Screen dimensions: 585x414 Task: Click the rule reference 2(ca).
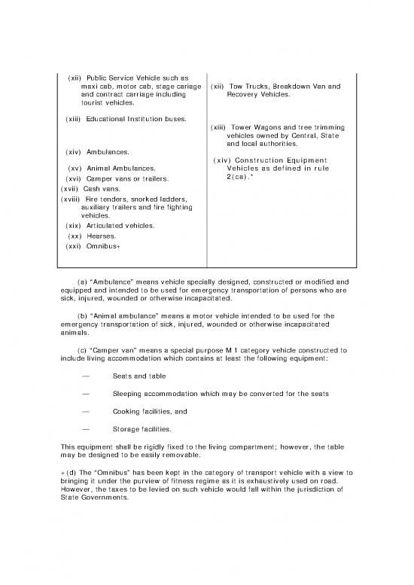[x=241, y=178]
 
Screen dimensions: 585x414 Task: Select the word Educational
[x=110, y=119]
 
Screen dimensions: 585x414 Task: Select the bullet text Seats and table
[x=139, y=376]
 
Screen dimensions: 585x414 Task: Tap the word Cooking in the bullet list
[x=126, y=413]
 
